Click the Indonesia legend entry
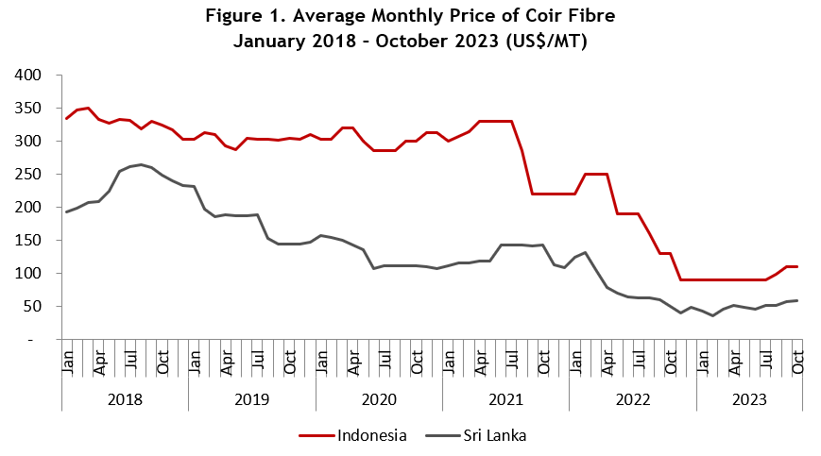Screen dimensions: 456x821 point(353,435)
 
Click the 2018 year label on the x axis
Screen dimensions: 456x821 point(125,399)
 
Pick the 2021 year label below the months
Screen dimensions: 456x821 point(505,399)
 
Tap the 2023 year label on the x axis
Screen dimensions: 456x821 point(749,399)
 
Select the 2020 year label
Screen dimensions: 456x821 point(379,399)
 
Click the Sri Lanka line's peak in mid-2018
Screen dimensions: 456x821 point(141,164)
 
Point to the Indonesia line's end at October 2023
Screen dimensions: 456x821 point(797,267)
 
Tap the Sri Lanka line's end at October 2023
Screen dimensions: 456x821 point(797,300)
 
